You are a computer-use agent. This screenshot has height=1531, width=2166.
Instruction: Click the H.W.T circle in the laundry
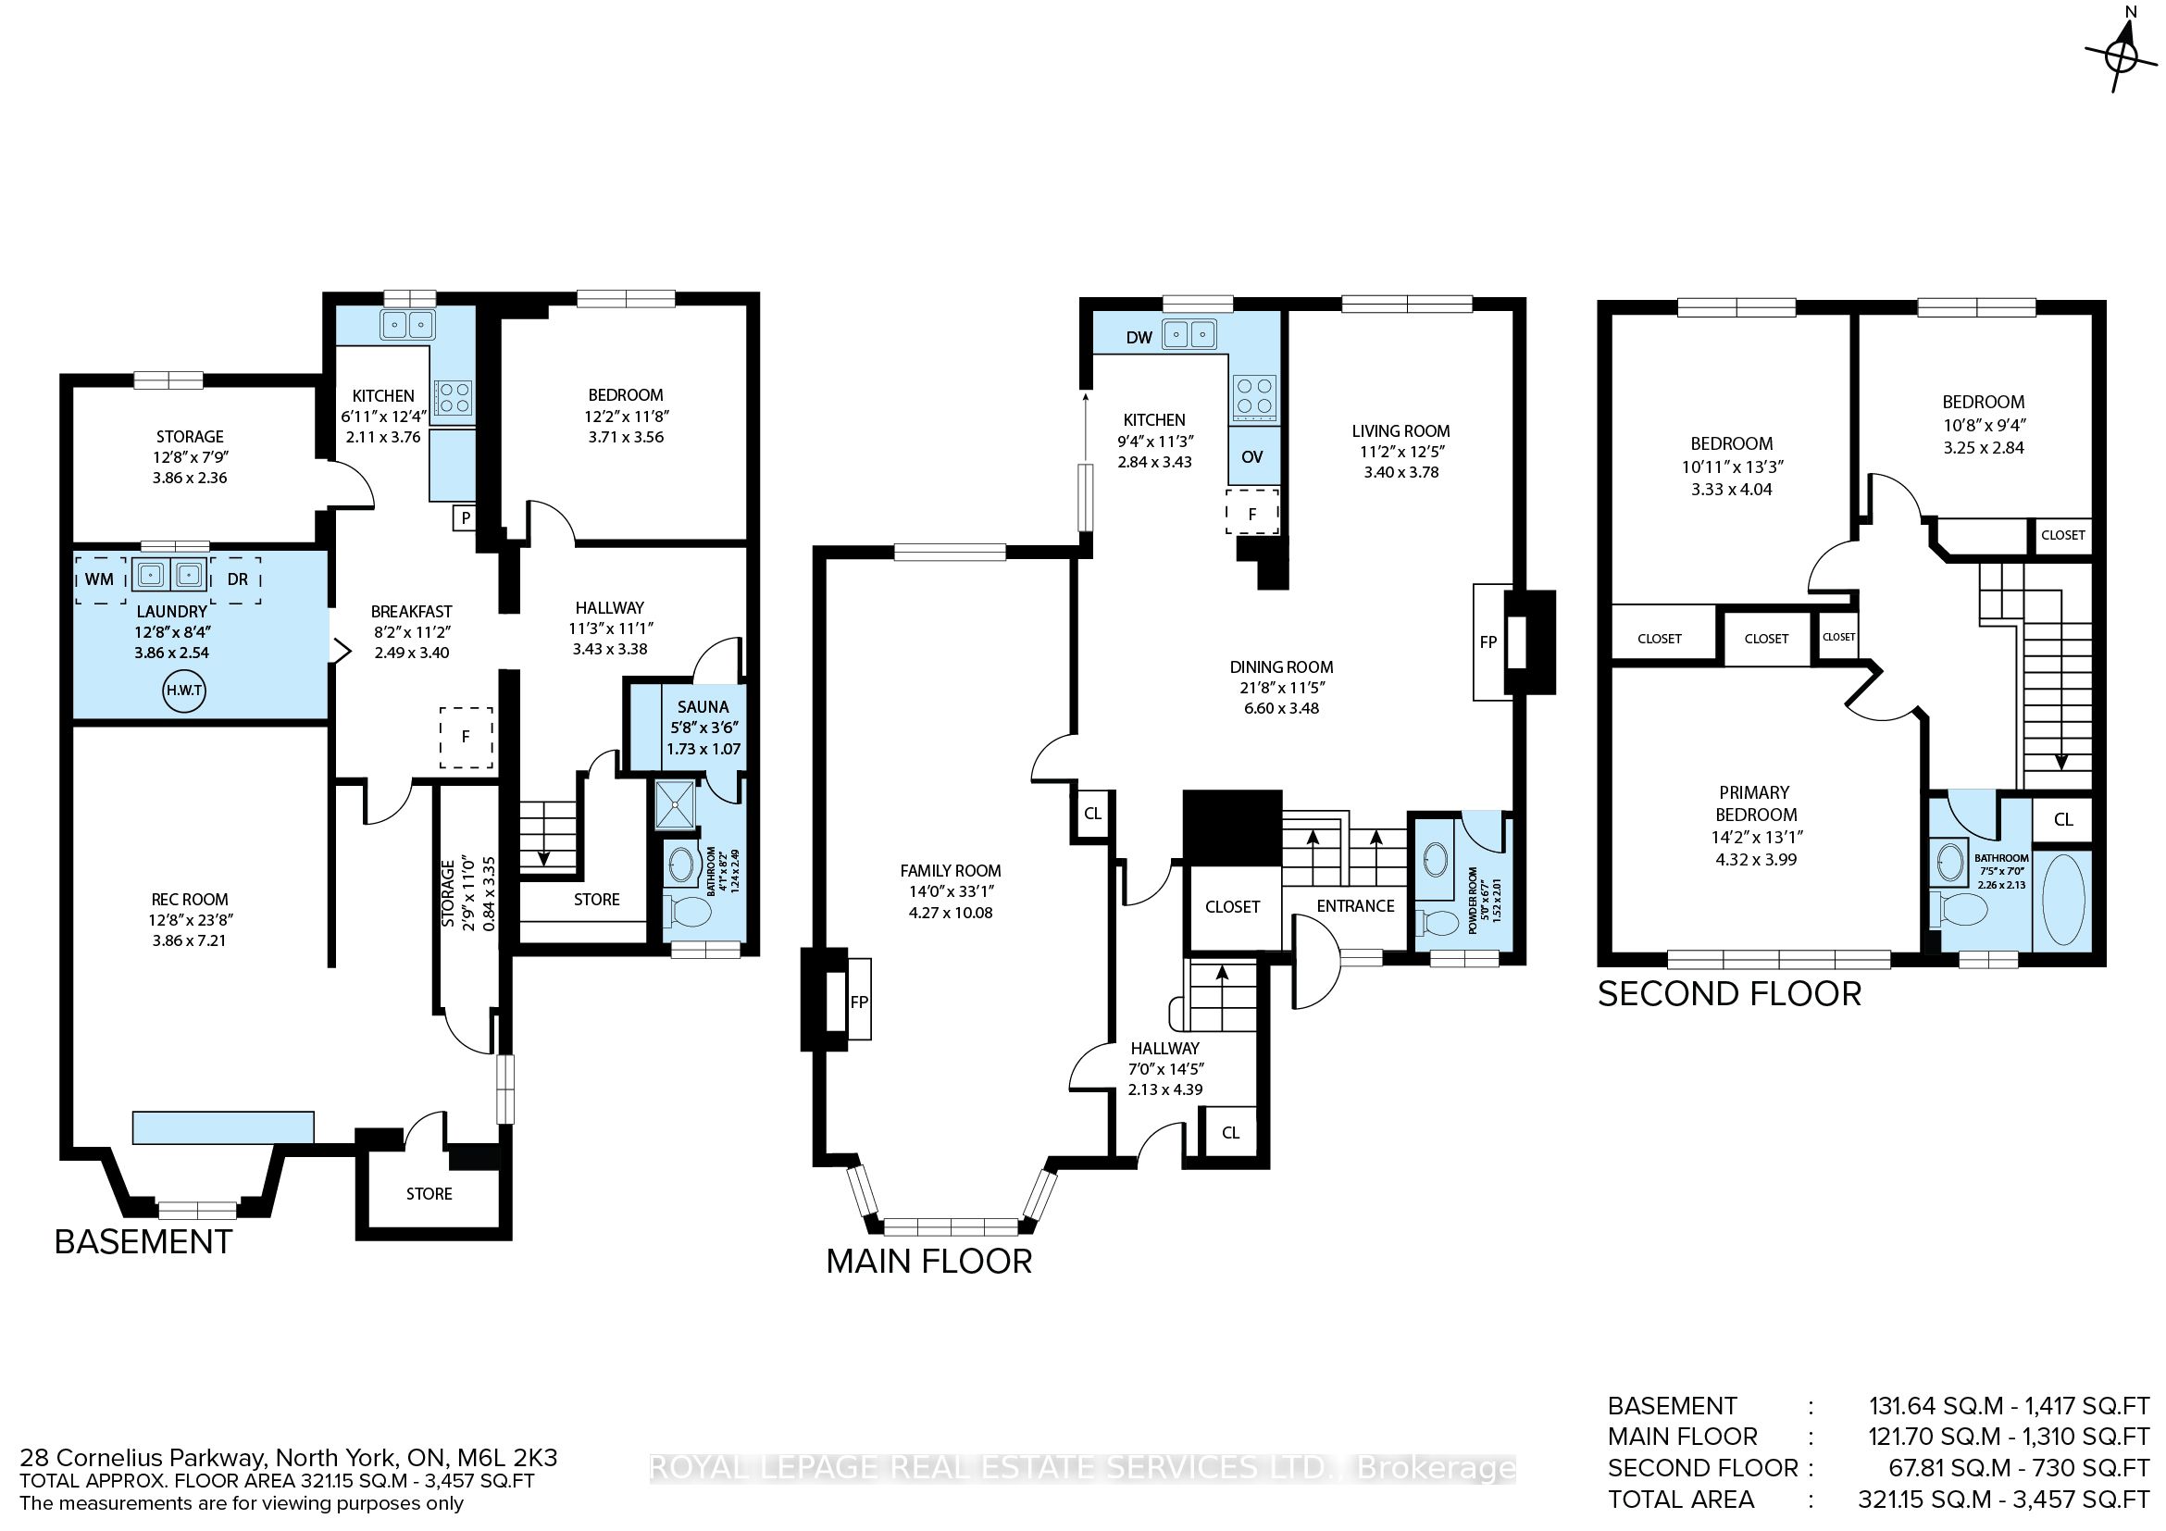[x=184, y=691]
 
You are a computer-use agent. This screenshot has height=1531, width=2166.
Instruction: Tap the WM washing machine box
[x=100, y=579]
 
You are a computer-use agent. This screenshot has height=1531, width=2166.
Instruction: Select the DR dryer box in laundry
[x=237, y=579]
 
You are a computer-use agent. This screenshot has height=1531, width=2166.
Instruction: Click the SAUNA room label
[x=703, y=706]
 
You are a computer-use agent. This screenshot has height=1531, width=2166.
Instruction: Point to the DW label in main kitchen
[x=1139, y=338]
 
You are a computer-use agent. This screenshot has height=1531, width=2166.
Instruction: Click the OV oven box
[x=1251, y=456]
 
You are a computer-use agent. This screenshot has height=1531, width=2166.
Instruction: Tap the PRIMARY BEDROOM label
[x=1755, y=803]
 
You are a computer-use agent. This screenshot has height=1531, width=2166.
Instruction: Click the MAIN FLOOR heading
[x=928, y=1263]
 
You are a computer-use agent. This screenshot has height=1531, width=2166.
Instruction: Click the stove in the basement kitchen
[x=454, y=396]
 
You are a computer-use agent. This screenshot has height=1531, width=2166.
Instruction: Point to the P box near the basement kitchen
[x=466, y=517]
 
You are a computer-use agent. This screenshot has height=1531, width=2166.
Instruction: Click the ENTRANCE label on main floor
[x=1355, y=905]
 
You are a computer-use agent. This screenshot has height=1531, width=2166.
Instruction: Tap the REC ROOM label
[x=190, y=899]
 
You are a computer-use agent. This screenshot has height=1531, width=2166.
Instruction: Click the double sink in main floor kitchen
[x=1189, y=334]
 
